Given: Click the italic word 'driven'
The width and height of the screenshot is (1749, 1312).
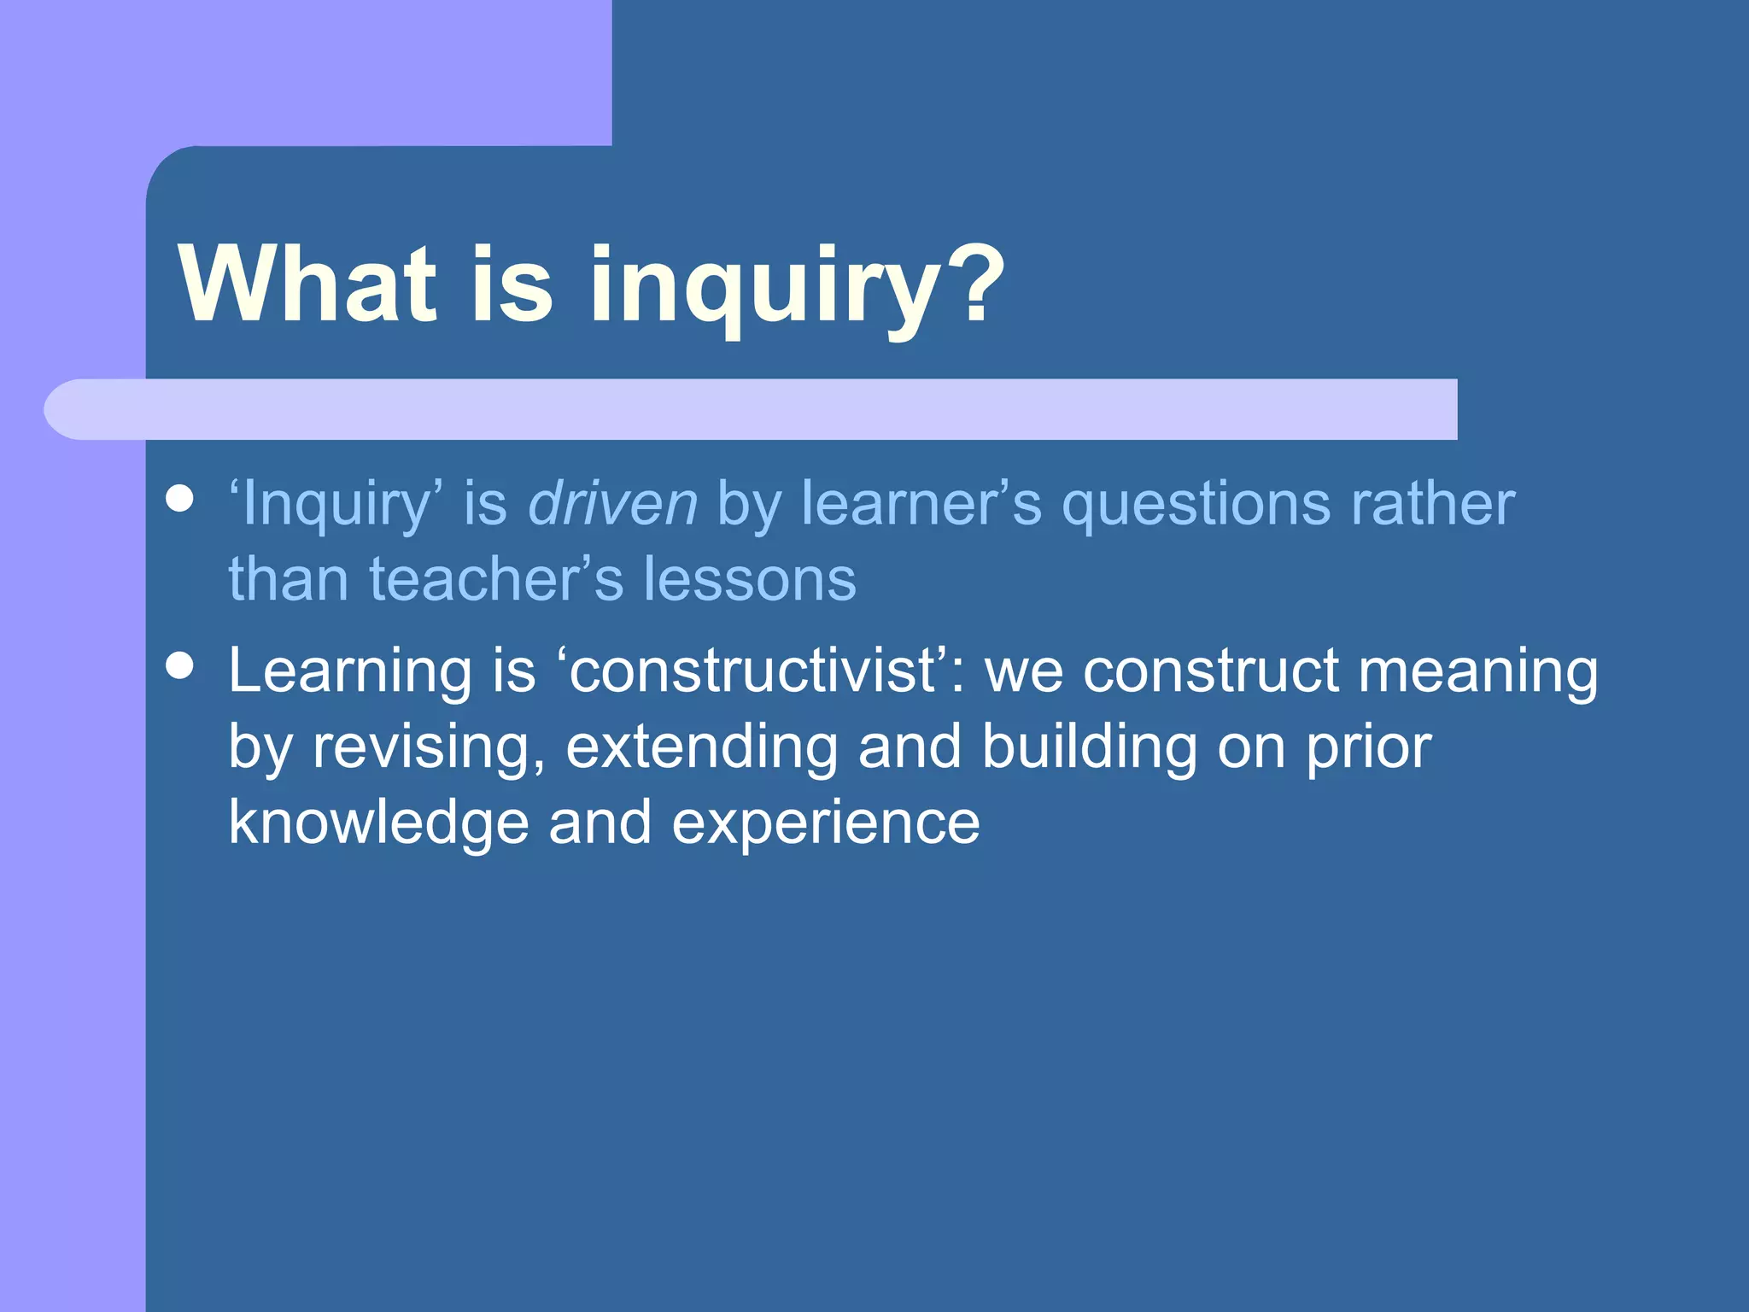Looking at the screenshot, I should pos(613,503).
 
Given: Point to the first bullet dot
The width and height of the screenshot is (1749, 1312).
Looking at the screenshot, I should pos(179,498).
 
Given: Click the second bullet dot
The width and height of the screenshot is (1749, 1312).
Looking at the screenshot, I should pos(179,665).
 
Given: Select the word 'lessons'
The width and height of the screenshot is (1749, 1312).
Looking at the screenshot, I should pos(749,579).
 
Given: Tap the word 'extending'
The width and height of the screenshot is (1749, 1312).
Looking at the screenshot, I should pos(701,747).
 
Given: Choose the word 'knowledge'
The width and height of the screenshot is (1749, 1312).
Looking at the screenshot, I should pos(378,824).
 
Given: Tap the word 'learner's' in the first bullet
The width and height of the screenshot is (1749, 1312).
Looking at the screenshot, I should pos(921,503).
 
